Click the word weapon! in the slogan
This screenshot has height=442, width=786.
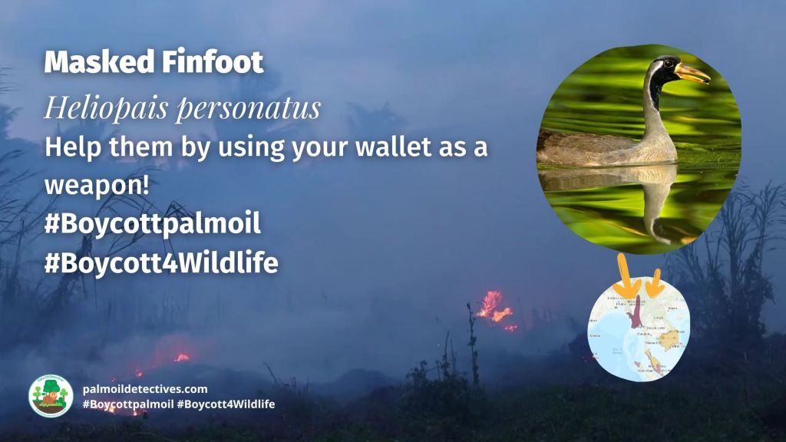(x=87, y=186)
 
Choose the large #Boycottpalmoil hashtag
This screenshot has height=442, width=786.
(x=153, y=224)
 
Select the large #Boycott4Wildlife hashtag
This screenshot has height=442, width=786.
(x=161, y=263)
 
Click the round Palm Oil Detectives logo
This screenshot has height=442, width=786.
(x=51, y=396)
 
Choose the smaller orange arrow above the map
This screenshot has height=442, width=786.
(x=653, y=282)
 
